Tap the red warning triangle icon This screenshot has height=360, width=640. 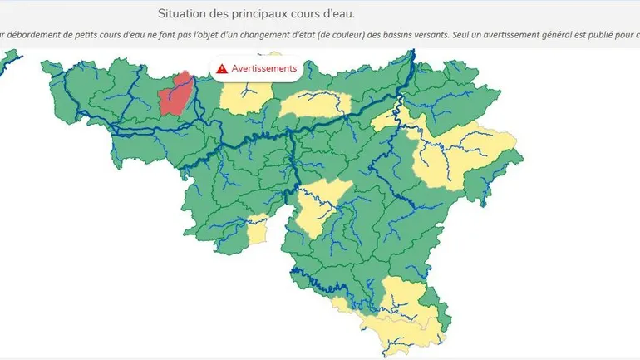point(222,68)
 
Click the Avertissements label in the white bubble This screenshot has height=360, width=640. point(263,68)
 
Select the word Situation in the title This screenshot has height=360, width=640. point(184,13)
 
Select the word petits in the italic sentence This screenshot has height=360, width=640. point(91,36)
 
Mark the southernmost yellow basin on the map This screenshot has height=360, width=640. point(399,320)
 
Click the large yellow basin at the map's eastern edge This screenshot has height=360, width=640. point(465,158)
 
